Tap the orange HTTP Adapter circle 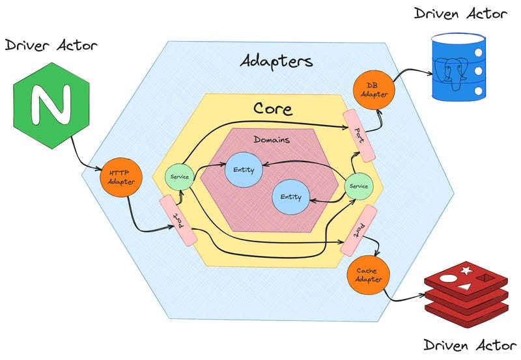[x=119, y=177]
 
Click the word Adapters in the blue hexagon [x=275, y=62]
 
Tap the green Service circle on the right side [x=358, y=186]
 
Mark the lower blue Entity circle [x=290, y=197]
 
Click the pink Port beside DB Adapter [x=359, y=136]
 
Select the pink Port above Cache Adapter [x=358, y=230]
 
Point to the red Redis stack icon [x=465, y=291]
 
